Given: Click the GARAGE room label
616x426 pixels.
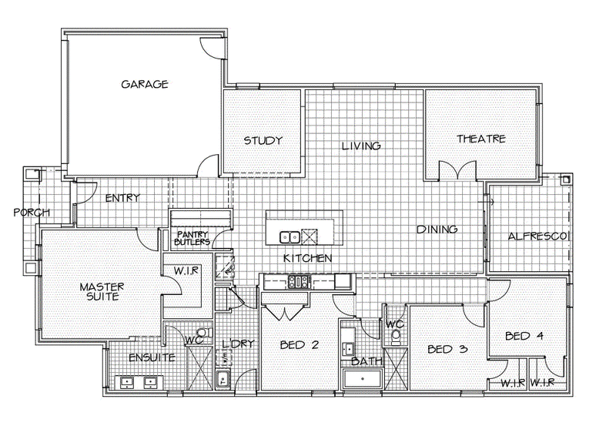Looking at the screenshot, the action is [x=145, y=84].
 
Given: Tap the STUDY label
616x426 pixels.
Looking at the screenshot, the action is [x=263, y=140].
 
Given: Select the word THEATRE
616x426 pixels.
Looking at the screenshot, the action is [x=480, y=139].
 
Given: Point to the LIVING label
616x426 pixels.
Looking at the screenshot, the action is [x=361, y=146].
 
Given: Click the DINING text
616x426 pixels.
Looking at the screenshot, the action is [x=437, y=229].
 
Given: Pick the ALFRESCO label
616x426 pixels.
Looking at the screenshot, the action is [x=538, y=236].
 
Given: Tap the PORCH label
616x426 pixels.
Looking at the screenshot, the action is [x=32, y=213].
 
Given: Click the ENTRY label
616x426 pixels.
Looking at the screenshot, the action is [x=122, y=198].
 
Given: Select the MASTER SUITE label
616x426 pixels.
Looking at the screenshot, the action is [x=102, y=292].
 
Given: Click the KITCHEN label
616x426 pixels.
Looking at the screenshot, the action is [x=307, y=258].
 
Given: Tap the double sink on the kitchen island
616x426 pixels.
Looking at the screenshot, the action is [x=290, y=237].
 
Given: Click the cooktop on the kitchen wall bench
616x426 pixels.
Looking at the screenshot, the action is [x=300, y=281].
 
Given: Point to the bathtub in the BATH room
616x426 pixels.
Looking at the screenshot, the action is [x=363, y=379].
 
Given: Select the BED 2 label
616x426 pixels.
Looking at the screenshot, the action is [x=300, y=345].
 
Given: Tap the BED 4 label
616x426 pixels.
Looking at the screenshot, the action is [x=524, y=336].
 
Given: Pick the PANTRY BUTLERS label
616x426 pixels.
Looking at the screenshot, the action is [x=192, y=238].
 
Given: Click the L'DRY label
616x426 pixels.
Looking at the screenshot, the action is [x=238, y=344].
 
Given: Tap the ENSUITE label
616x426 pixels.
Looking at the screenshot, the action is [x=152, y=357].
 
